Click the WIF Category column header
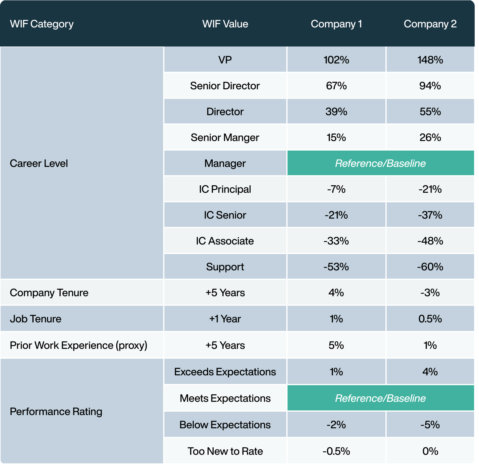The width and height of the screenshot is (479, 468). coord(42,24)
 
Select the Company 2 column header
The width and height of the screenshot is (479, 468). coord(430,24)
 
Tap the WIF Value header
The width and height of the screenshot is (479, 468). coord(225,24)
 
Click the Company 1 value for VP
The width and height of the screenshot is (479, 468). coord(336,60)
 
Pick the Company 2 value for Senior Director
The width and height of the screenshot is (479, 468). coord(430,86)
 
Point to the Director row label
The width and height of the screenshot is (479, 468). coord(225,111)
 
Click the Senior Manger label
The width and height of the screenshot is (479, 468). coord(225,137)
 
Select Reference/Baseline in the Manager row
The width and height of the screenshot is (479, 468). coord(380,163)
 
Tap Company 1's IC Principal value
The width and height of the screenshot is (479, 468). coord(336,189)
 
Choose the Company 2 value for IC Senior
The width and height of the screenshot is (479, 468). coord(430,215)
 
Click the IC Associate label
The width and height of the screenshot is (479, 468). coord(225,241)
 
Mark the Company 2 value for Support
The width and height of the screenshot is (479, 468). coord(430,267)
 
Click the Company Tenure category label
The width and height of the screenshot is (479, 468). coord(49,292)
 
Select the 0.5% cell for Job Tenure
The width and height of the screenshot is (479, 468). coord(430,319)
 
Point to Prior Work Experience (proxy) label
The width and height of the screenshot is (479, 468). coord(78,345)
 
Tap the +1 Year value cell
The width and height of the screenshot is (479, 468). coord(225,319)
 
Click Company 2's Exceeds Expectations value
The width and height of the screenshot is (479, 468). coord(430,372)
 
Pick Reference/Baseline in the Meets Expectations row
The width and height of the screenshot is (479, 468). coord(380,398)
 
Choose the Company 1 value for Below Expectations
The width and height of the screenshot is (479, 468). coord(336,425)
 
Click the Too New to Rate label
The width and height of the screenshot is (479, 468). coord(225,451)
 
